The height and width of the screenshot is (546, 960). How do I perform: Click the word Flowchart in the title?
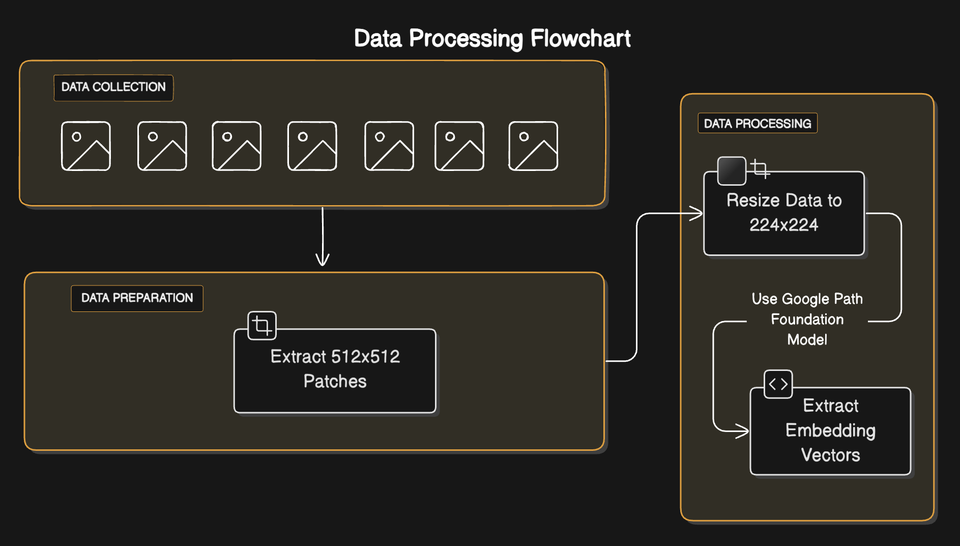point(580,39)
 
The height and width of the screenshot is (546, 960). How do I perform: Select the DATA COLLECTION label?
point(113,88)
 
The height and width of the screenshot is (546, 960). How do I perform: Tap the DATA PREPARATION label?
point(137,298)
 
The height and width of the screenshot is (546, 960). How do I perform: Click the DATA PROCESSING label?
point(757,124)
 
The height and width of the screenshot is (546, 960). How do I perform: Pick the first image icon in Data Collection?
point(86,146)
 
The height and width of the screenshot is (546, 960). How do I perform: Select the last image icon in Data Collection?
point(533,146)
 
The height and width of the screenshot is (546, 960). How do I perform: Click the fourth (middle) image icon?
point(312,146)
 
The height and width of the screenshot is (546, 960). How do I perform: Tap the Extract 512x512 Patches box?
point(335,377)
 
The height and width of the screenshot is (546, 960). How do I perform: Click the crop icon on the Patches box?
point(262,326)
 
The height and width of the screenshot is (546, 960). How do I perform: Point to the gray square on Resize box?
point(732,171)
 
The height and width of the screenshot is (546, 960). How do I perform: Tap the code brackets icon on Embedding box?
point(778,384)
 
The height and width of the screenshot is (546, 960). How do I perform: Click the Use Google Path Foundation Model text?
point(807,319)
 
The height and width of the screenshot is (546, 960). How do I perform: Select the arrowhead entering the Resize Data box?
point(697,213)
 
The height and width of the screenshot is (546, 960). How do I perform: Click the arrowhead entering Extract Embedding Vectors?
point(743,431)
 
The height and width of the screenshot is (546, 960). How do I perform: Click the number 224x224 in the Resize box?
point(783,225)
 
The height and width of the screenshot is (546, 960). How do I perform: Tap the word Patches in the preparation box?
point(335,382)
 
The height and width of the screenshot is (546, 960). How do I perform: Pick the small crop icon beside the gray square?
point(760,168)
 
